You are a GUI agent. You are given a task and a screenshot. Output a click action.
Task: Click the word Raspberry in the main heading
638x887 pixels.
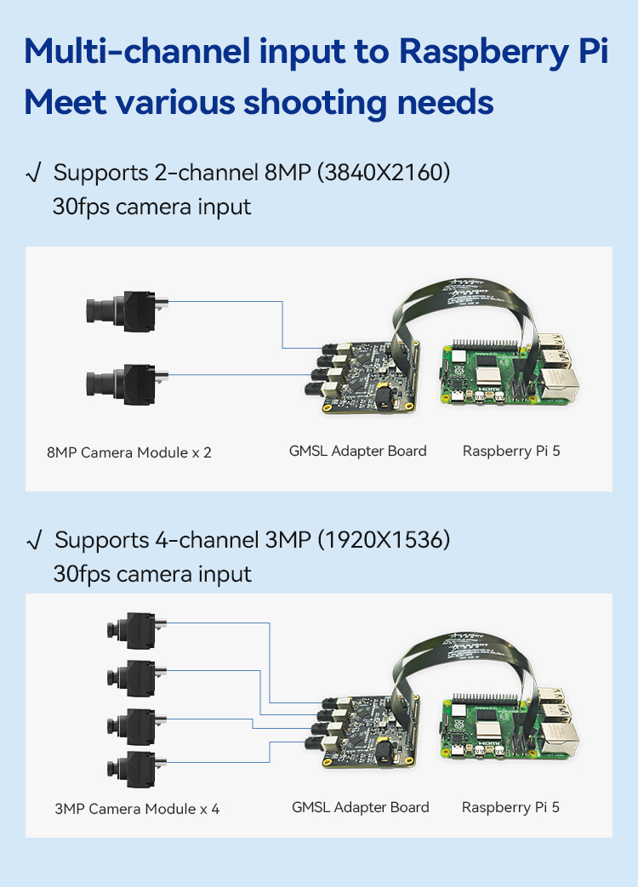click(x=483, y=52)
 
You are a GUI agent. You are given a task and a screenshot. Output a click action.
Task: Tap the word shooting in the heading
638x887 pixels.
click(x=316, y=103)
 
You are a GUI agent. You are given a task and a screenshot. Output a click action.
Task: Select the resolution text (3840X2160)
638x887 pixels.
click(x=384, y=173)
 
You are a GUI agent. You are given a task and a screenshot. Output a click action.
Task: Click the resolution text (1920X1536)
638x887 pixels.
click(x=384, y=540)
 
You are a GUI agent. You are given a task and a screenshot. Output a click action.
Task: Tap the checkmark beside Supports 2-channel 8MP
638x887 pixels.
click(x=33, y=173)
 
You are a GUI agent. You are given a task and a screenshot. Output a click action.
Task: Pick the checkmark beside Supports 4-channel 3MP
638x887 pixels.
click(x=34, y=540)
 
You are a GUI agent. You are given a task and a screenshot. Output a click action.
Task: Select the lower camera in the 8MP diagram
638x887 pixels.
click(x=128, y=384)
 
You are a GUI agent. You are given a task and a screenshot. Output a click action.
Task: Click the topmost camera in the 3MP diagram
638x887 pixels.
click(x=136, y=630)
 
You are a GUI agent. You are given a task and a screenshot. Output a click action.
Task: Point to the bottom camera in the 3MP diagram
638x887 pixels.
click(x=136, y=770)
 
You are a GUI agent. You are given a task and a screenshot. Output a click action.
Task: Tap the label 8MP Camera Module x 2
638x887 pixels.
click(x=129, y=452)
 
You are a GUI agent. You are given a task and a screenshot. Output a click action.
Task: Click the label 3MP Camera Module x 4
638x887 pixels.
click(x=137, y=809)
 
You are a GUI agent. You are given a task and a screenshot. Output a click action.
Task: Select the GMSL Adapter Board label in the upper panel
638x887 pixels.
click(x=357, y=451)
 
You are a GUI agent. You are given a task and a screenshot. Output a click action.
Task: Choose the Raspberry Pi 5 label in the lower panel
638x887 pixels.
click(x=510, y=807)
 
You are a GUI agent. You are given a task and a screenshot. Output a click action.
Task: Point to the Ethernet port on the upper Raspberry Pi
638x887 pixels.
click(x=560, y=385)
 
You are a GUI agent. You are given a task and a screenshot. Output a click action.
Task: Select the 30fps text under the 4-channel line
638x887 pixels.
click(x=83, y=574)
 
